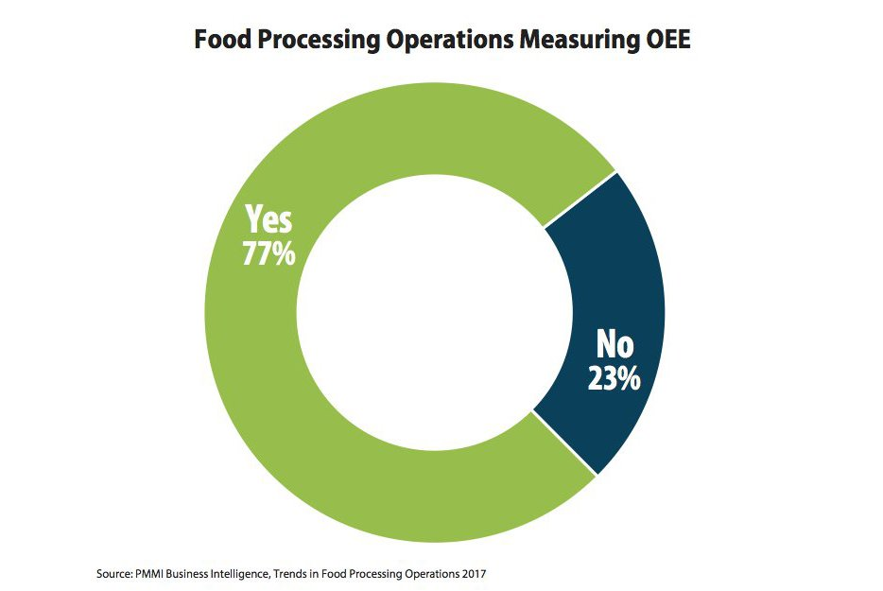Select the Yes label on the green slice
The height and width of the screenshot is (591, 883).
pyautogui.click(x=268, y=220)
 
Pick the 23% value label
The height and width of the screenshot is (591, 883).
pyautogui.click(x=614, y=377)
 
